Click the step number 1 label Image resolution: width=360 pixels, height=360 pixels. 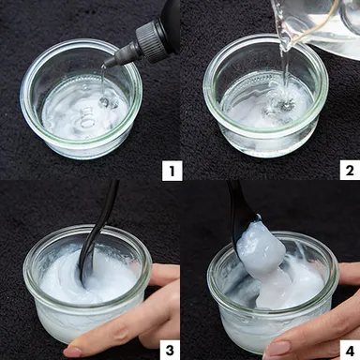pos(170,170)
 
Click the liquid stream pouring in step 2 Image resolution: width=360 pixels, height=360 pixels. pos(280,66)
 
